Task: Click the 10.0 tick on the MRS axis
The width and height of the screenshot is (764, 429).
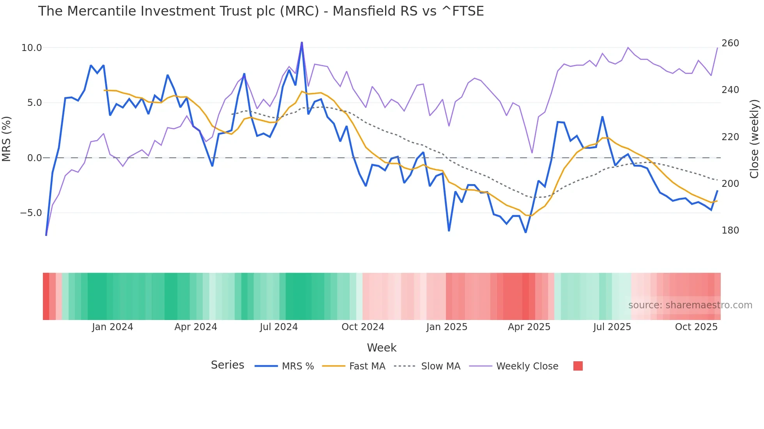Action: pos(32,48)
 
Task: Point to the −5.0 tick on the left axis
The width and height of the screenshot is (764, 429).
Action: pos(31,213)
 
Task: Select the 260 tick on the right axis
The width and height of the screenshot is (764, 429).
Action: pos(730,43)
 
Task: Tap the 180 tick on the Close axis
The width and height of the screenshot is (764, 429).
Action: pos(730,230)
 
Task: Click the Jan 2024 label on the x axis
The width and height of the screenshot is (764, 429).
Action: pos(112,327)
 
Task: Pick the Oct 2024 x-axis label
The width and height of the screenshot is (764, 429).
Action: pos(363,327)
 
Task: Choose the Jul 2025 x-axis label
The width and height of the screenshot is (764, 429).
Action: pos(612,327)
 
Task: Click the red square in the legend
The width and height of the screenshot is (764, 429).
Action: pos(578,366)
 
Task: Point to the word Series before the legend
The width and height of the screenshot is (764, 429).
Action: pos(227,365)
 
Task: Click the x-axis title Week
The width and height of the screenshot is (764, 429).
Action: pos(381,348)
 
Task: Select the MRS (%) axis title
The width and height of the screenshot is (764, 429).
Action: pos(7,139)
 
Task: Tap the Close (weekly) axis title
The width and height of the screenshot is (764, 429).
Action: pos(754,139)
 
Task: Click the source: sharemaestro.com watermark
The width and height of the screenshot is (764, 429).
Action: pos(690,305)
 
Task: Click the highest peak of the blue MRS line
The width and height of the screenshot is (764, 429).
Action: pos(302,42)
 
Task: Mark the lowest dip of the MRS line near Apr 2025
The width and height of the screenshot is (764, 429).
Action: pos(525,232)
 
